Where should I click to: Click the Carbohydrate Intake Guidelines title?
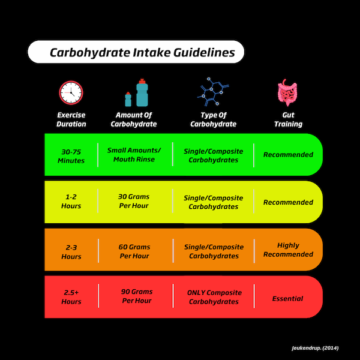pyautogui.click(x=142, y=52)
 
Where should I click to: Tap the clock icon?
pyautogui.click(x=71, y=92)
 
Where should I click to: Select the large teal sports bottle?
pyautogui.click(x=142, y=93)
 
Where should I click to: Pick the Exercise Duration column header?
pyautogui.click(x=71, y=119)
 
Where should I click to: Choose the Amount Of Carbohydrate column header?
pyautogui.click(x=134, y=119)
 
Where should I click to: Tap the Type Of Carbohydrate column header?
pyautogui.click(x=213, y=119)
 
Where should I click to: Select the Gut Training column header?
pyautogui.click(x=289, y=119)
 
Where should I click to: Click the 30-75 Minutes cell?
pyautogui.click(x=71, y=156)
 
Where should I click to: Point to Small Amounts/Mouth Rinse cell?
pyautogui.click(x=134, y=155)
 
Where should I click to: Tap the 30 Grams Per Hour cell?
pyautogui.click(x=134, y=201)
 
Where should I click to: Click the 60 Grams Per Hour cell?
pyautogui.click(x=134, y=251)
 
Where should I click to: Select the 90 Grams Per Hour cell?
pyautogui.click(x=134, y=296)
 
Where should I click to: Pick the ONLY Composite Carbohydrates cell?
pyautogui.click(x=213, y=297)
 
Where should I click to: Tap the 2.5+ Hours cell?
pyautogui.click(x=71, y=297)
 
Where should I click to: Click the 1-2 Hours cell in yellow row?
pyautogui.click(x=71, y=202)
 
